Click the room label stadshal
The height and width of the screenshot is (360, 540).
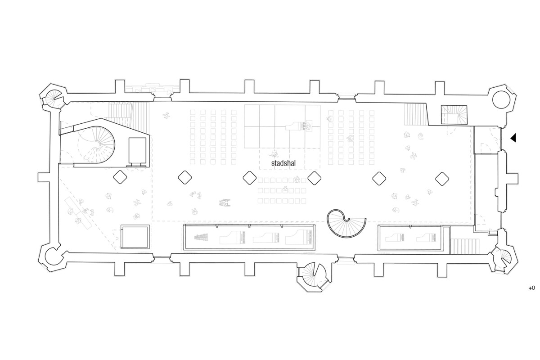pyautogui.click(x=283, y=163)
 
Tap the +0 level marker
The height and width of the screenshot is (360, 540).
pyautogui.click(x=531, y=288)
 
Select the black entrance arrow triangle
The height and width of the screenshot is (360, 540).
pyautogui.click(x=513, y=138)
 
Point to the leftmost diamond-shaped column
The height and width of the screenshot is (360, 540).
pyautogui.click(x=120, y=177)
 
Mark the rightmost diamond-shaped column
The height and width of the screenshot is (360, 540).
pyautogui.click(x=442, y=179)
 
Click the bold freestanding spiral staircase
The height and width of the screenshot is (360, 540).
pyautogui.click(x=346, y=223)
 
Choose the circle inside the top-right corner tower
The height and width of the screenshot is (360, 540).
pyautogui.click(x=501, y=99)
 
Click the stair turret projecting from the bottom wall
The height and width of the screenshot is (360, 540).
pyautogui.click(x=314, y=277)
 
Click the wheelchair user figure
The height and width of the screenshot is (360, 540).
pyautogui.click(x=225, y=202)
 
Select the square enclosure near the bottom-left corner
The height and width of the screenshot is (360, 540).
pyautogui.click(x=135, y=237)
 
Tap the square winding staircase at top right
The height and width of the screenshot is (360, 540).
pyautogui.click(x=454, y=115)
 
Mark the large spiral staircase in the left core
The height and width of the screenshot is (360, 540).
pyautogui.click(x=97, y=145)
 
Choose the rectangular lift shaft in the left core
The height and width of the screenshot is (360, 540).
pyautogui.click(x=137, y=151)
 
